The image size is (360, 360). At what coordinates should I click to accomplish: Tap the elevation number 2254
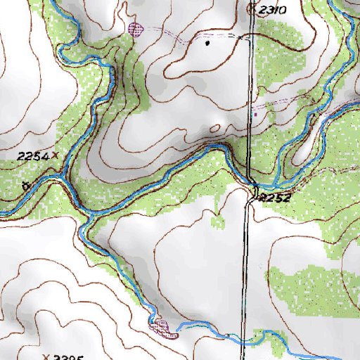pyautogui.click(x=32, y=155)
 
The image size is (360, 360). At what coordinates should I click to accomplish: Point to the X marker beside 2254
pyautogui.click(x=54, y=154)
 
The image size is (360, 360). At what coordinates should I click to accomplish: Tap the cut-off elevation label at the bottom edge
pyautogui.click(x=70, y=356)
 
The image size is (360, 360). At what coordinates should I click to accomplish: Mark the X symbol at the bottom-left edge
pyautogui.click(x=46, y=356)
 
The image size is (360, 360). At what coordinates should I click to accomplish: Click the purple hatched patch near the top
pyautogui.click(x=136, y=29)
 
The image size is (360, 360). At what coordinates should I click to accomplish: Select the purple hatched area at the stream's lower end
pyautogui.click(x=161, y=326)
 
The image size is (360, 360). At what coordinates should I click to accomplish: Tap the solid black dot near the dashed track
pyautogui.click(x=207, y=43)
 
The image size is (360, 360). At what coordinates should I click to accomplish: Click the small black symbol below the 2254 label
pyautogui.click(x=26, y=186)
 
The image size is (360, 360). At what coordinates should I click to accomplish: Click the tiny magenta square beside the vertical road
pyautogui.click(x=256, y=113)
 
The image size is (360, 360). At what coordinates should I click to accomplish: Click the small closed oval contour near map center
pyautogui.click(x=214, y=129)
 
